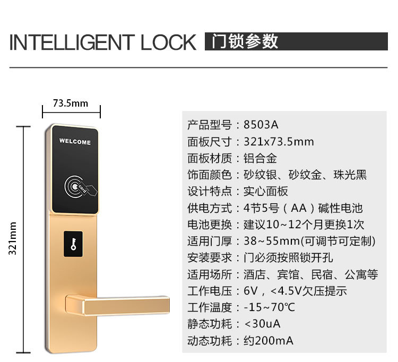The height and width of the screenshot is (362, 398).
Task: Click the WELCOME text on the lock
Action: point(75,142)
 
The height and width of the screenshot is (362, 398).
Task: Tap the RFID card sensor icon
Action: point(74,186)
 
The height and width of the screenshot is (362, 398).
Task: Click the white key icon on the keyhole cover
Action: point(74,244)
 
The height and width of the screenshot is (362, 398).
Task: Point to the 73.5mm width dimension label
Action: point(71,103)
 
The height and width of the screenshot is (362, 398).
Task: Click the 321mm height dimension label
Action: point(13,239)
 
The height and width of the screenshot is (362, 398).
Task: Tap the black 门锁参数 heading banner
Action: point(296,42)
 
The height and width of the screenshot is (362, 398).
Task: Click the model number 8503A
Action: point(261,125)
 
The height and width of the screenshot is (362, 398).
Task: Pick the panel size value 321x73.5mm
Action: point(279,142)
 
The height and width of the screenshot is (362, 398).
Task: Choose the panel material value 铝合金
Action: point(260,158)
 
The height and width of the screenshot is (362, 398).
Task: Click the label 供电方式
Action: point(210,208)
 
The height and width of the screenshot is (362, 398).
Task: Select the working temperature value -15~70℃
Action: point(269,307)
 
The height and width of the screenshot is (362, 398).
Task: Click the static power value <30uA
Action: point(262,324)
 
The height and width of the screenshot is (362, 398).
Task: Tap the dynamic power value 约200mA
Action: point(268,340)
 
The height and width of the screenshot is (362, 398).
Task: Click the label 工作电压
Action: point(210,291)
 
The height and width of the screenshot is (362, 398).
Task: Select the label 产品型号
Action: point(210,125)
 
